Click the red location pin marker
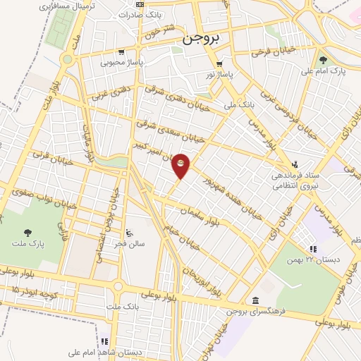(181, 165)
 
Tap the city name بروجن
(202, 39)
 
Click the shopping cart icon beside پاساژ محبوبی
(121, 51)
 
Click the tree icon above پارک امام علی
(323, 60)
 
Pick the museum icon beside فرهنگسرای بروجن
(255, 300)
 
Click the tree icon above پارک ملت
(27, 232)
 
